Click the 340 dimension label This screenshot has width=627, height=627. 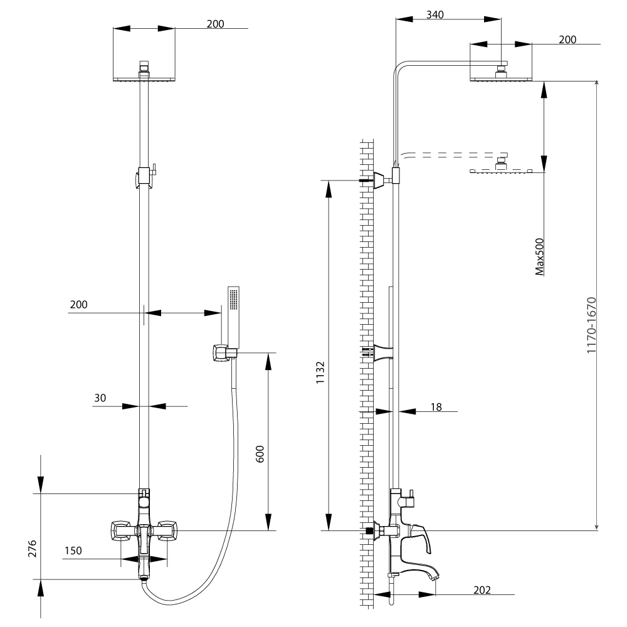(435, 16)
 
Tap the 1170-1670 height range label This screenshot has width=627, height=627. (591, 326)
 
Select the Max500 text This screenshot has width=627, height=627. (539, 257)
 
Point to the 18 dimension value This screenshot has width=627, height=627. (436, 407)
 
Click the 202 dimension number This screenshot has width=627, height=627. (482, 590)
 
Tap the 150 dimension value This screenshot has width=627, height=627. (73, 551)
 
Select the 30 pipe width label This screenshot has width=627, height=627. (100, 397)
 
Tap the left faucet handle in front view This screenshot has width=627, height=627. (120, 531)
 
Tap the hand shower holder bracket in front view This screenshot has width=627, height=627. (221, 353)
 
